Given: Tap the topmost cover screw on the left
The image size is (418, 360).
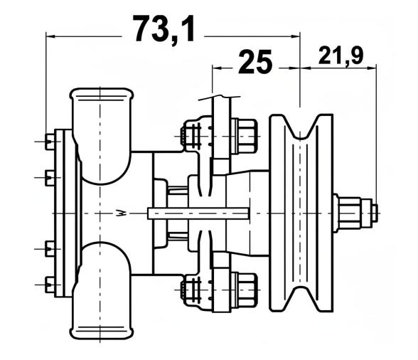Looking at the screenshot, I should coord(49,142).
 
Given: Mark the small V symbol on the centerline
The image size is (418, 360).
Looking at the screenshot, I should coord(122,211).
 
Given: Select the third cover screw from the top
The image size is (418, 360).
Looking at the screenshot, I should coord(49,248).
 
